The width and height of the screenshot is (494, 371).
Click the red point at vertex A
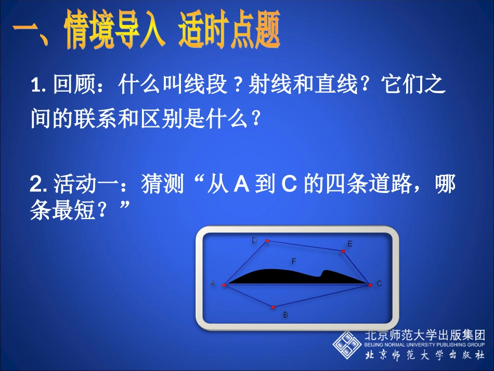tap(224, 285)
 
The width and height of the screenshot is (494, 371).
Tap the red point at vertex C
tap(370, 285)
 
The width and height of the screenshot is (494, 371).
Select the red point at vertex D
tap(267, 241)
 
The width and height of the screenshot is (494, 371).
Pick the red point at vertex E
tap(343, 251)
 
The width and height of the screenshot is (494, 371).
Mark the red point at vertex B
tap(274, 307)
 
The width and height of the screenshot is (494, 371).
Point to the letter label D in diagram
tap(254, 240)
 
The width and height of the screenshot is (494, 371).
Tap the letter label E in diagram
tap(349, 244)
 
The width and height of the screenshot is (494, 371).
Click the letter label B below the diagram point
tap(285, 315)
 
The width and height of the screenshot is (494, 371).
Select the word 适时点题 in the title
tap(229, 32)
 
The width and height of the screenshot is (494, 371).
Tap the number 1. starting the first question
tap(38, 85)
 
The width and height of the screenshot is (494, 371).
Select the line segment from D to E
tap(305, 246)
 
